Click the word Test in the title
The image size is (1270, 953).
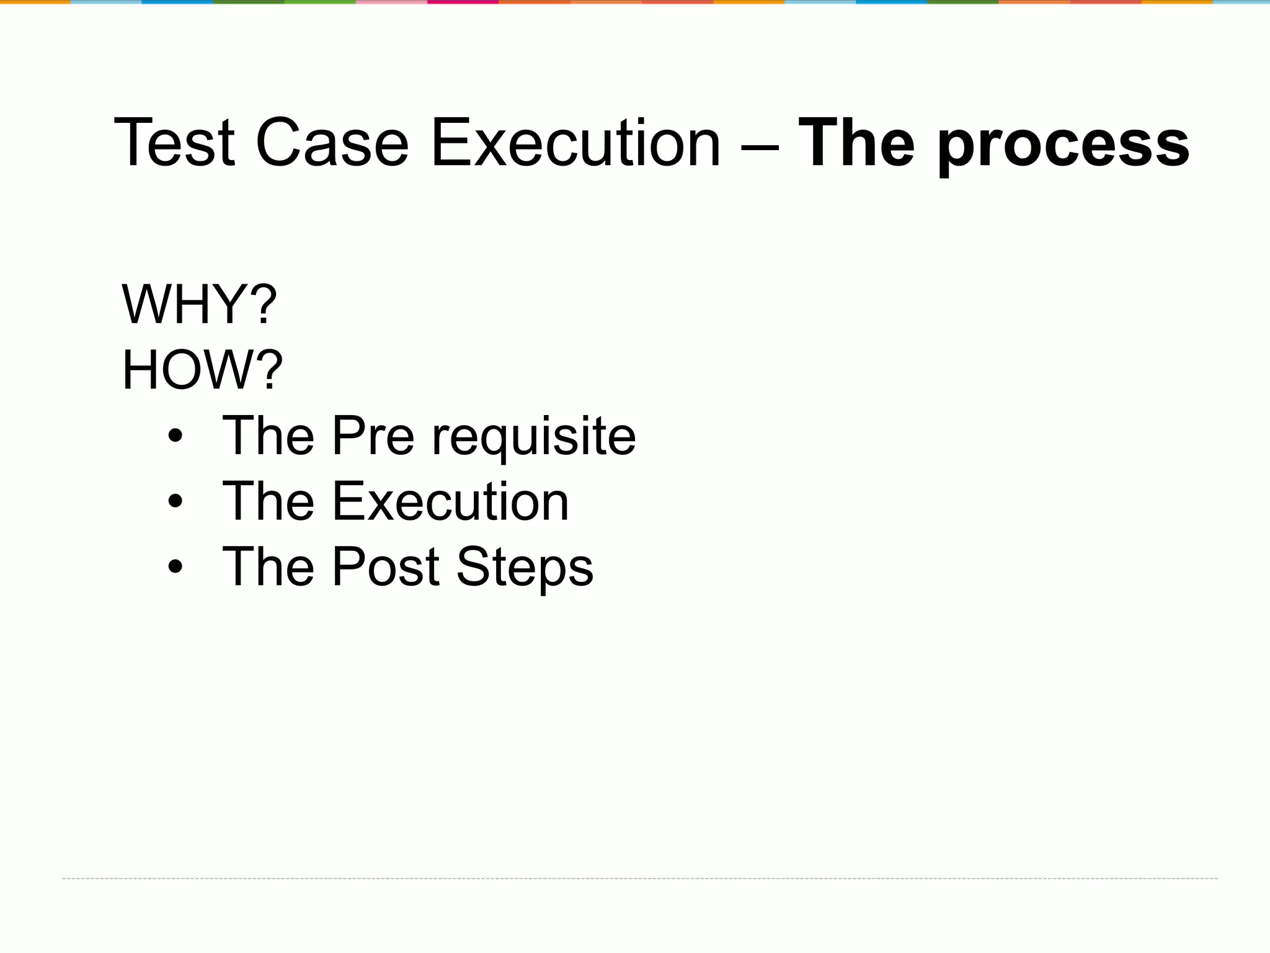pos(174,143)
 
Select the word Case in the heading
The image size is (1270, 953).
pos(332,143)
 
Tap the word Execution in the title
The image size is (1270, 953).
pos(575,143)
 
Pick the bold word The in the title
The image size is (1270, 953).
pos(856,143)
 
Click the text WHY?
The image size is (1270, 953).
pos(198,304)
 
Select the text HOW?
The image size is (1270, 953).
pos(202,370)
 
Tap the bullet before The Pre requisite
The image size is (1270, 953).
pos(175,436)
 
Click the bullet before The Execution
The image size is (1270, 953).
pos(175,501)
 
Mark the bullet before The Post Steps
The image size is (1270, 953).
pos(175,566)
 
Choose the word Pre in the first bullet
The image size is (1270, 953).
pos(373,436)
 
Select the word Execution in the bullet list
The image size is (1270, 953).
pos(450,501)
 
